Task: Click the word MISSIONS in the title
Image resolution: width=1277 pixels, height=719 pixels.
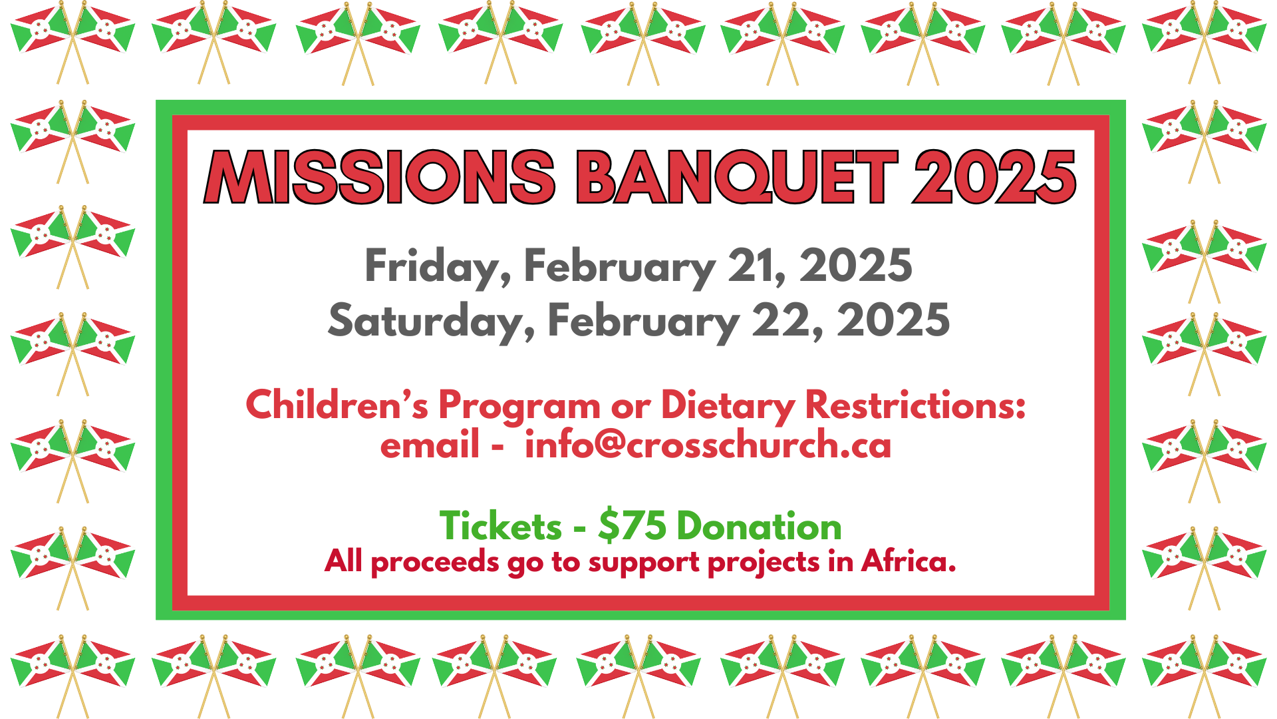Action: click(x=379, y=177)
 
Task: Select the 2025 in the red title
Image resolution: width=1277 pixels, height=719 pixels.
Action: click(x=994, y=177)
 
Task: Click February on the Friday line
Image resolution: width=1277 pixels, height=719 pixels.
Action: click(x=619, y=266)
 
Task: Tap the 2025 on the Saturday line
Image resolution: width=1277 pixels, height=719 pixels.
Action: click(x=893, y=320)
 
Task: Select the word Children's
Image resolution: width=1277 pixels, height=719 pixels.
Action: click(x=337, y=404)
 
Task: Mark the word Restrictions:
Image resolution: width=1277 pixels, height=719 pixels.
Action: click(x=915, y=404)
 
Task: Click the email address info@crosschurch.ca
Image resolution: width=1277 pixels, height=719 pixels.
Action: click(x=708, y=445)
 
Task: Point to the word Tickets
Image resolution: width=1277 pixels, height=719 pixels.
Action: click(x=500, y=527)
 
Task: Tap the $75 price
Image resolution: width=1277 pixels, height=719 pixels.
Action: click(x=632, y=527)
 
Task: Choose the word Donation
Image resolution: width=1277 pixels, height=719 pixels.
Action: click(x=759, y=527)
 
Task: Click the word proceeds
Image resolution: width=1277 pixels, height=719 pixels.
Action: click(x=434, y=563)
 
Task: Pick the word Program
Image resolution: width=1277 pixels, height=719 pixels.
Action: click(x=519, y=405)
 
